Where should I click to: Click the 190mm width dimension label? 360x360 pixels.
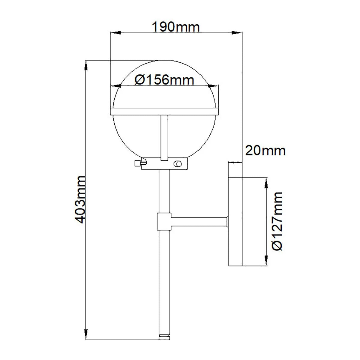176,27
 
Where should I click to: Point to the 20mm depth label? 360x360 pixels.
265,150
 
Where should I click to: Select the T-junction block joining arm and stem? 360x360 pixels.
164,222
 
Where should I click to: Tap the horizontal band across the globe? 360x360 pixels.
164,111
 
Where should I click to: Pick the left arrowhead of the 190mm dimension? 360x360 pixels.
115,32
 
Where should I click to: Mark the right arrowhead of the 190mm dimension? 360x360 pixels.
237,32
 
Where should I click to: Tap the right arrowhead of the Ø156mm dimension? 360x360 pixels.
213,86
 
